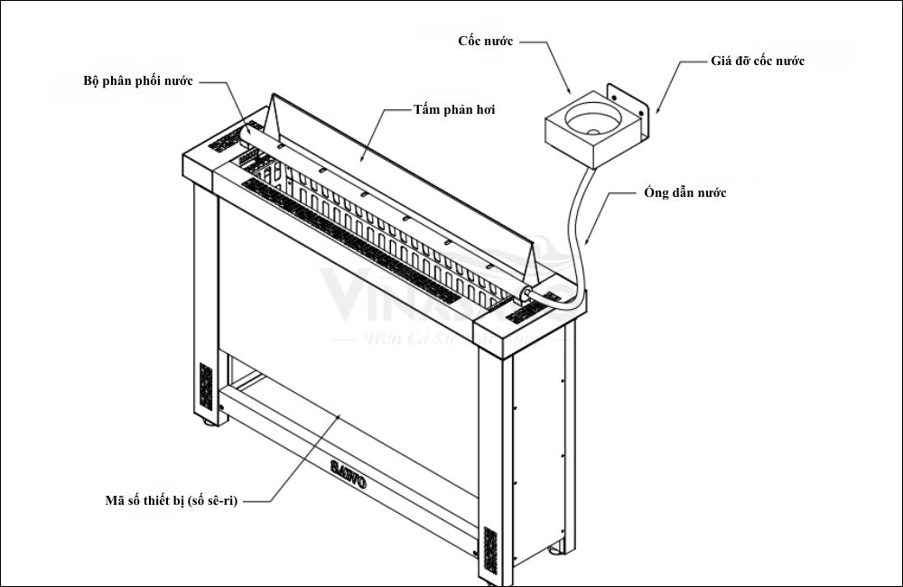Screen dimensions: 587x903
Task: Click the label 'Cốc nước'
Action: click(485, 42)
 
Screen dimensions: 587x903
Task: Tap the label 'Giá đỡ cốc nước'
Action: click(757, 61)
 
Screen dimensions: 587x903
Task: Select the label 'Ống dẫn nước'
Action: click(685, 193)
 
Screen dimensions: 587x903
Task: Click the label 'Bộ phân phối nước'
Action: click(137, 80)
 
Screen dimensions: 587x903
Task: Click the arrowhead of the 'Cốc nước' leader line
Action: click(569, 93)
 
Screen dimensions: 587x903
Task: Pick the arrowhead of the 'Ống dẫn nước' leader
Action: click(589, 244)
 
